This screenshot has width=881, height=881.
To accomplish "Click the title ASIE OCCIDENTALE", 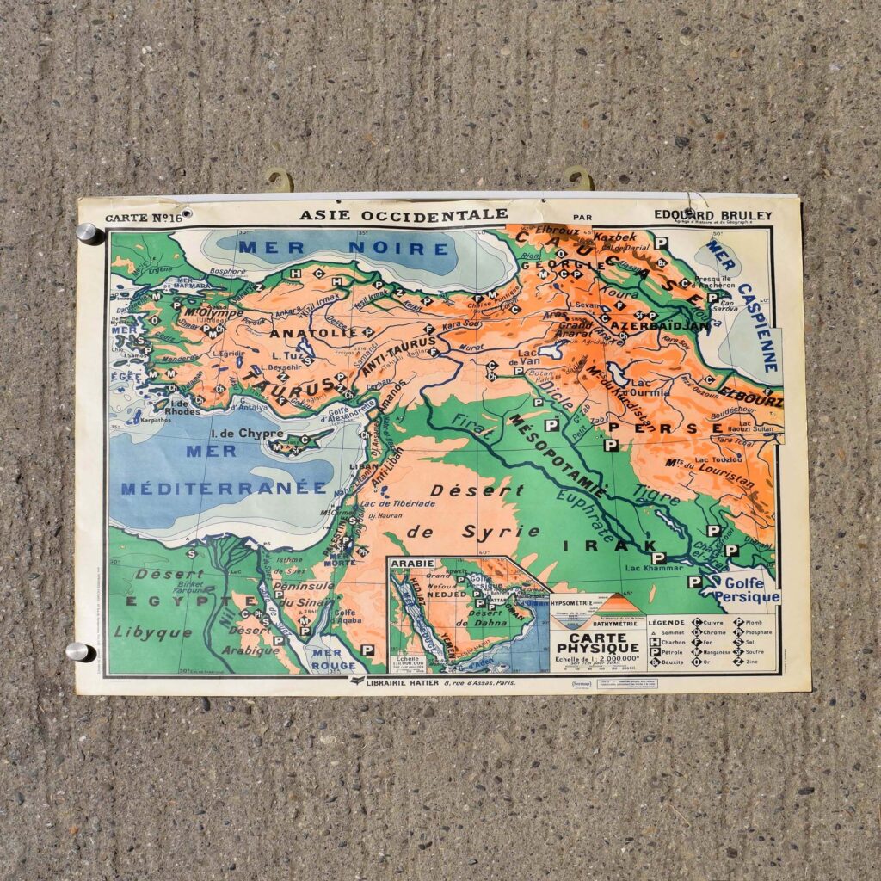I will point(404,213).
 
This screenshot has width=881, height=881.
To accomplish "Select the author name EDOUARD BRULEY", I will point(713,214).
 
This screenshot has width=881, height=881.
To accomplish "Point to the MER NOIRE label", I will point(344,249).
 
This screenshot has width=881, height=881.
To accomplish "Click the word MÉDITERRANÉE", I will point(224,488).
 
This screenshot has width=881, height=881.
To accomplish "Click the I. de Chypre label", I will point(250,433).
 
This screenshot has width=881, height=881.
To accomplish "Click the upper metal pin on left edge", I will point(86,232).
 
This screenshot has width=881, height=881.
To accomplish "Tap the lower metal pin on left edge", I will point(77,651).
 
